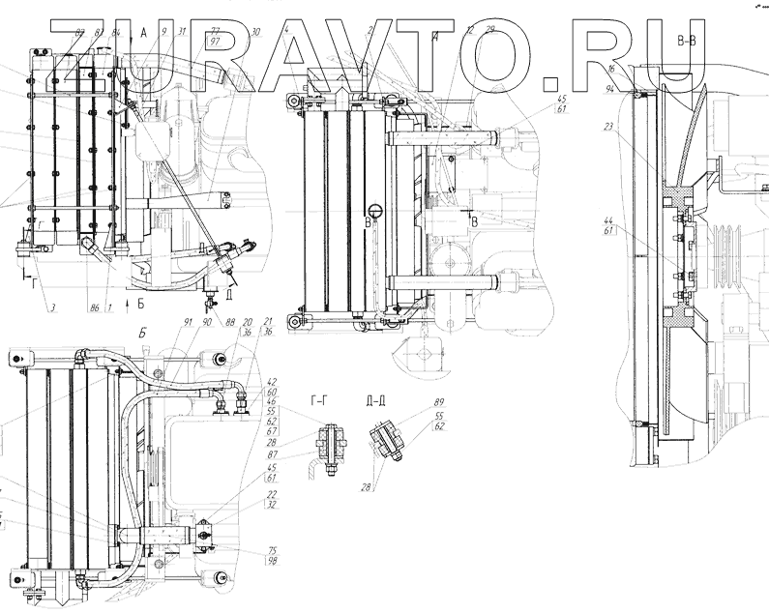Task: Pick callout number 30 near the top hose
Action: click(x=254, y=32)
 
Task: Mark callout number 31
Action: click(x=182, y=32)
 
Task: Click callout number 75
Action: click(x=273, y=551)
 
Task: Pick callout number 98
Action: click(x=273, y=563)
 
